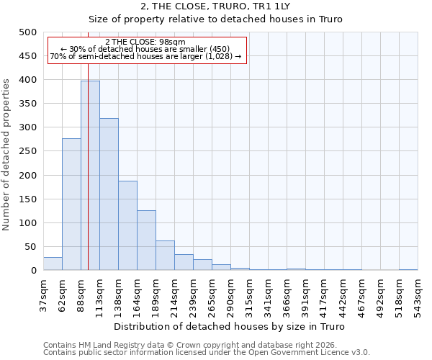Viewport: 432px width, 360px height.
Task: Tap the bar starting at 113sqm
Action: coord(109,194)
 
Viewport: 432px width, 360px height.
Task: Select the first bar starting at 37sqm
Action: coord(53,264)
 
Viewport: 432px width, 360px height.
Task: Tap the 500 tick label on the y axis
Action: coord(27,32)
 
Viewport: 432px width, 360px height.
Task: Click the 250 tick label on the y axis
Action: coord(27,151)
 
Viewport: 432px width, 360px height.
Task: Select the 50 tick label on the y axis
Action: coord(30,247)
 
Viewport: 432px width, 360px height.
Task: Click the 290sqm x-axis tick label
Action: coord(230,294)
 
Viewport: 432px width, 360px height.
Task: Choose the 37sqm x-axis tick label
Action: coord(43,294)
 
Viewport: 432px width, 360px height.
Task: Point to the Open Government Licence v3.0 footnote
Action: coord(207,352)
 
